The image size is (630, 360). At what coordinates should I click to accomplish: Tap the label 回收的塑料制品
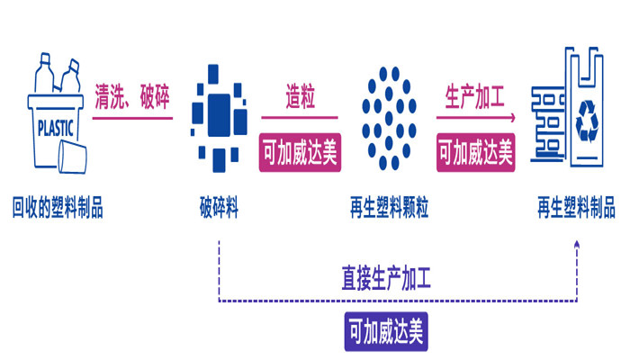click(58, 210)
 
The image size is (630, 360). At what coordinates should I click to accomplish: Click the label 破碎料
click(220, 210)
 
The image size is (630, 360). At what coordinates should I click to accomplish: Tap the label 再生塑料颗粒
click(389, 210)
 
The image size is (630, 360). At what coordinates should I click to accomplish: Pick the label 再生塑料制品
click(576, 210)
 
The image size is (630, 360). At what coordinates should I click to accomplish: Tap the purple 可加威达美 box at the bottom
click(387, 332)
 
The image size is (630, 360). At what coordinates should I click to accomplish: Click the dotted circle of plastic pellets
click(388, 117)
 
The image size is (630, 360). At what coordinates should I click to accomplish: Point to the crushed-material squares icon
click(218, 116)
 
